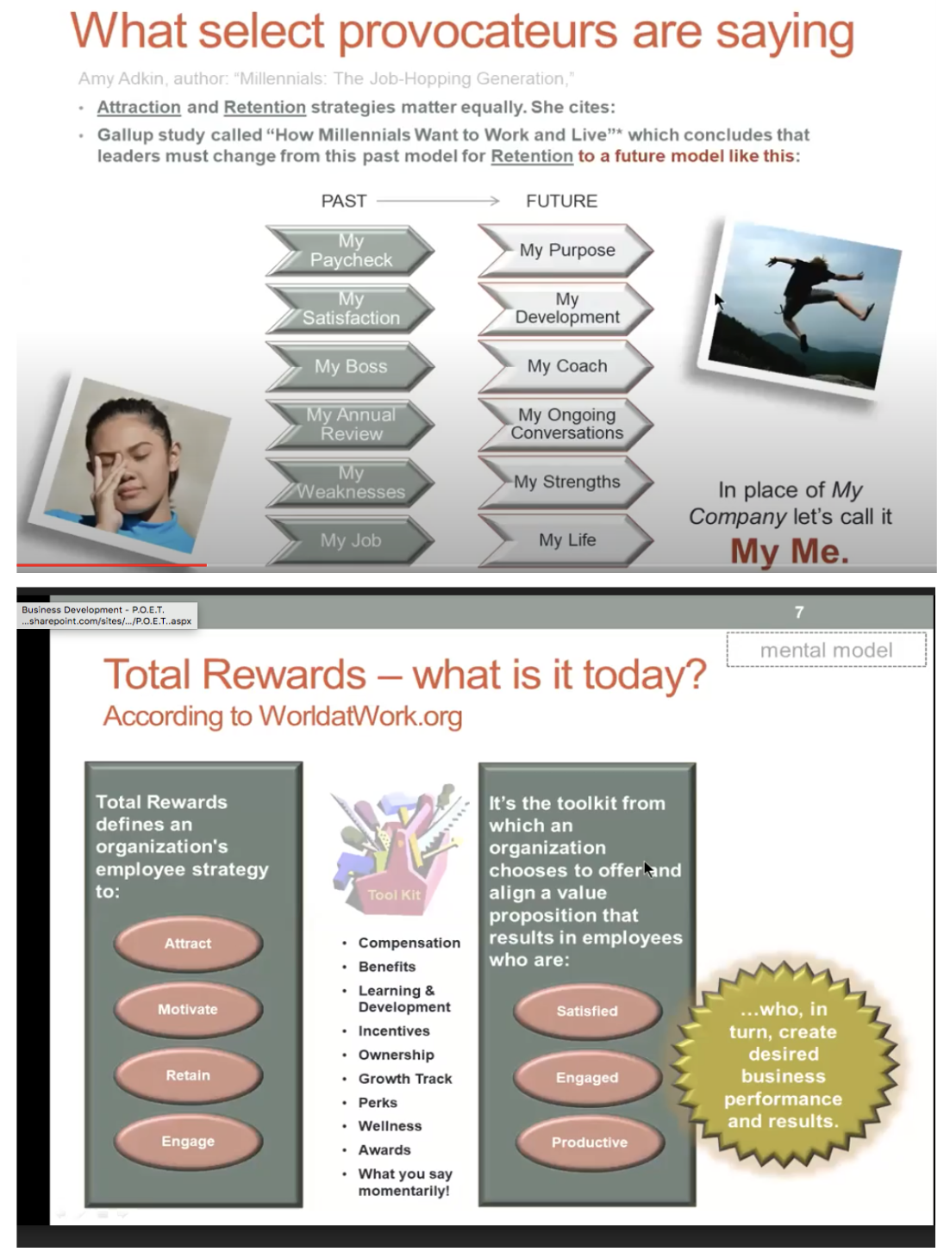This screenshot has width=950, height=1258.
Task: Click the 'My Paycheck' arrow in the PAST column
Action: [x=350, y=251]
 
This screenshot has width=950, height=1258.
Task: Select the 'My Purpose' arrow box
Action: [x=566, y=250]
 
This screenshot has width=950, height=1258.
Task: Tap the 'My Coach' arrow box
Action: [x=566, y=366]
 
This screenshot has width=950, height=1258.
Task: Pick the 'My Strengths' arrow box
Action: [x=566, y=482]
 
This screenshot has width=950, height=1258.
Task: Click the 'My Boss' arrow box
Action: [x=350, y=366]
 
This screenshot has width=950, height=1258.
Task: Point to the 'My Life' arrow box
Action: [x=566, y=540]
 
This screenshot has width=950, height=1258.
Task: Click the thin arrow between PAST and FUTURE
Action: [x=438, y=201]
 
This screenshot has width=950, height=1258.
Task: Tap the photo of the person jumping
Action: [x=799, y=305]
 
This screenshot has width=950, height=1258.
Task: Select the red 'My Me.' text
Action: [x=790, y=551]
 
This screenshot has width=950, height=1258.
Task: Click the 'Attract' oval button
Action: [x=188, y=943]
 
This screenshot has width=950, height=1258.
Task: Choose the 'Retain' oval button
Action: [x=188, y=1075]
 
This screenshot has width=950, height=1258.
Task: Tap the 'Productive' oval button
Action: [x=590, y=1143]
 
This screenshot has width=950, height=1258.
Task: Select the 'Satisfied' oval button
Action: [x=587, y=1011]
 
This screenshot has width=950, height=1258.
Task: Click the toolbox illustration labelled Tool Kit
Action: [x=396, y=849]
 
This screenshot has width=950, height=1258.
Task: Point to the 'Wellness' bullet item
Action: [x=390, y=1126]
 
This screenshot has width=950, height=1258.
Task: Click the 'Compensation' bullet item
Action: [x=409, y=943]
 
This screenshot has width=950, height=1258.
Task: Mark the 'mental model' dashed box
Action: [x=826, y=651]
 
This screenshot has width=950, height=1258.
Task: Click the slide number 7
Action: [x=799, y=612]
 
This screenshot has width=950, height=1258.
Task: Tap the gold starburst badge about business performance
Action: [x=783, y=1065]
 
